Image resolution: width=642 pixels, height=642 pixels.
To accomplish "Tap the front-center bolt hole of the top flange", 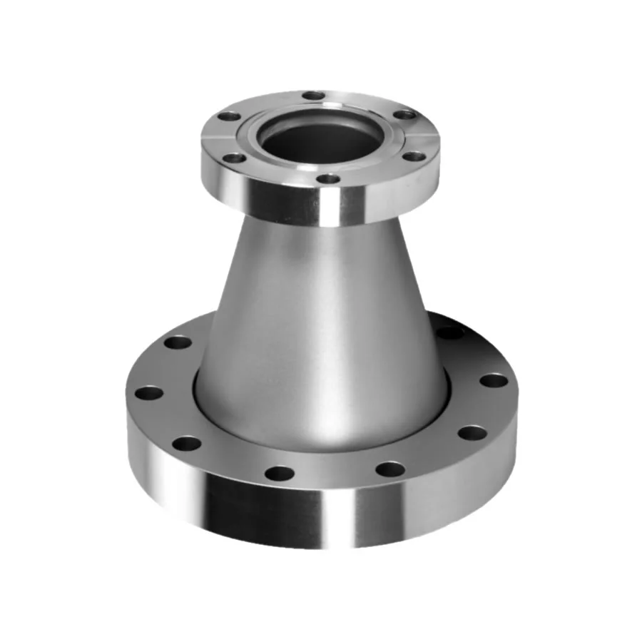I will pos(327,178).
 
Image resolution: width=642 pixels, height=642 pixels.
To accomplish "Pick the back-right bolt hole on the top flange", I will pos(404,114).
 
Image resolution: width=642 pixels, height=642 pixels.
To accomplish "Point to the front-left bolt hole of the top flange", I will pos(232,158).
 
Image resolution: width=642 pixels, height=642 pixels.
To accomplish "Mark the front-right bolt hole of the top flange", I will pos(414,157).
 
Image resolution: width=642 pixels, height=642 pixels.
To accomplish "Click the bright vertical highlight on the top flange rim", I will pos(332,207).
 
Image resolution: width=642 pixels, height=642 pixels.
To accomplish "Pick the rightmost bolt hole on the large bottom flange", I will pos(494,380).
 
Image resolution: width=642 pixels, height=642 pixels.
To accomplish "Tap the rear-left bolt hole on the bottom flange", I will pos(178,342).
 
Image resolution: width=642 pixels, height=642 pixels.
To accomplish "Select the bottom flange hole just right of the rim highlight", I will pos(390,469).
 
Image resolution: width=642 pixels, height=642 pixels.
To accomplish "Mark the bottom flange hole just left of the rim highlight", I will pos(279,473).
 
